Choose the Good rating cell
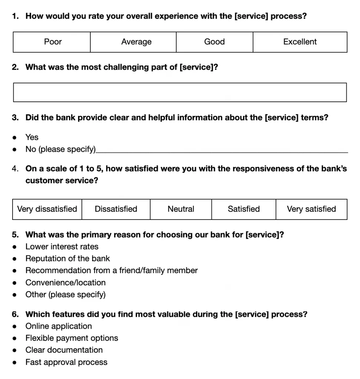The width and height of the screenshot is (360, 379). click(x=214, y=42)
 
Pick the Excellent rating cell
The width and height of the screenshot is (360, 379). click(x=300, y=42)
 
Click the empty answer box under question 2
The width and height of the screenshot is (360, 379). click(x=180, y=93)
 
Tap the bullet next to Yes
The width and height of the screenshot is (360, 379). click(x=14, y=137)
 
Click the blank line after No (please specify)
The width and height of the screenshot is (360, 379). click(x=222, y=150)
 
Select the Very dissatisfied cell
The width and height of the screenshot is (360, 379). click(x=47, y=209)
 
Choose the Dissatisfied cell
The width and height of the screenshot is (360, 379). click(x=116, y=209)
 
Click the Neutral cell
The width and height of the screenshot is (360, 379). click(x=181, y=209)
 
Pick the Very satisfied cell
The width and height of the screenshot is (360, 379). click(x=311, y=209)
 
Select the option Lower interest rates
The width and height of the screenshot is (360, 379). click(x=62, y=246)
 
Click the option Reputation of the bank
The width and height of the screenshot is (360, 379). click(x=68, y=258)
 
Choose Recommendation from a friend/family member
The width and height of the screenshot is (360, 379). click(x=111, y=271)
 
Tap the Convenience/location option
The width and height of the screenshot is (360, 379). click(x=66, y=282)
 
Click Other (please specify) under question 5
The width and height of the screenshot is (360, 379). click(x=66, y=295)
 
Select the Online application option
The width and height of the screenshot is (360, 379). click(x=59, y=326)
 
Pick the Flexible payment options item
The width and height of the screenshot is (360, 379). click(x=72, y=338)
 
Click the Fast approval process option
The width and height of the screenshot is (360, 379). click(x=66, y=362)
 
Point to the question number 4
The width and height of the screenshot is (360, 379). click(x=15, y=169)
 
